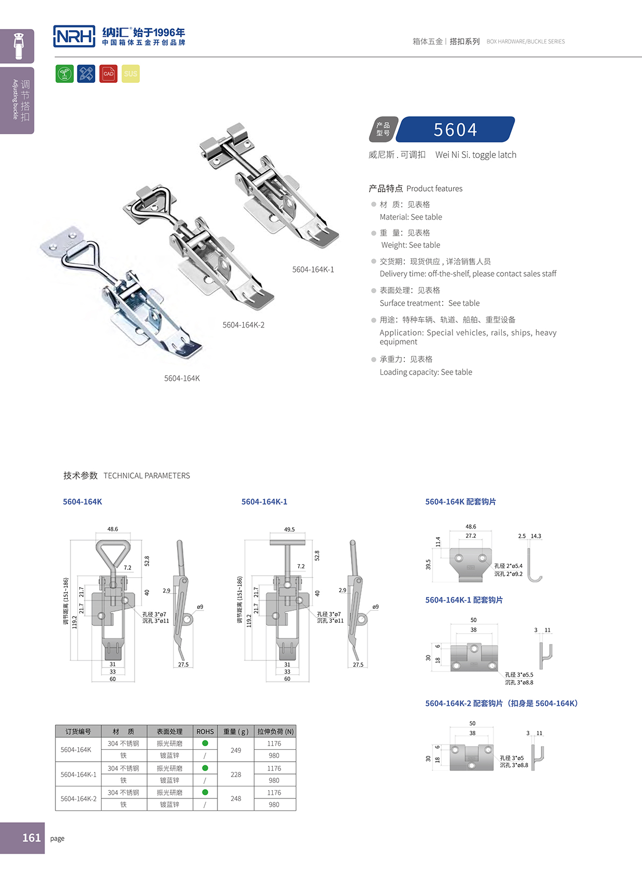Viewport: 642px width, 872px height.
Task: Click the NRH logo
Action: pos(74,36)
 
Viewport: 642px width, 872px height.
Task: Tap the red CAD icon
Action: pos(108,74)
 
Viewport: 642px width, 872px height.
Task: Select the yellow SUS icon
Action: pos(130,74)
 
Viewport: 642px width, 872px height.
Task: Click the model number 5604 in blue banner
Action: pos(455,130)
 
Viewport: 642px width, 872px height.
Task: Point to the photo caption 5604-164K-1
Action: pos(313,269)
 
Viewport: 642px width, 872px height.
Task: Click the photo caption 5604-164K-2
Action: pos(243,325)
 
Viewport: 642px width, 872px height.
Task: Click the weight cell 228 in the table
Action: pos(236,774)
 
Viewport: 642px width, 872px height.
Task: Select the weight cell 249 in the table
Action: pos(236,750)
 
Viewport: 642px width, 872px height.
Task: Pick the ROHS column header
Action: pos(205,732)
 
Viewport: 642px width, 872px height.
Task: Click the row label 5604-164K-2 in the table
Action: pos(78,798)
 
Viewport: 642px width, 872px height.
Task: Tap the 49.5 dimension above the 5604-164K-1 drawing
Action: pos(289,530)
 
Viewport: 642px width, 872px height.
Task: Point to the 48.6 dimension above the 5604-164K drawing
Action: pos(112,529)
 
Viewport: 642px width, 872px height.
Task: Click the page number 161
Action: pos(31,838)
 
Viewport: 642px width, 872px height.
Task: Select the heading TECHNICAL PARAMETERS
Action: pos(147,476)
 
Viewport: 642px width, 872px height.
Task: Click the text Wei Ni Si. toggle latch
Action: pos(475,155)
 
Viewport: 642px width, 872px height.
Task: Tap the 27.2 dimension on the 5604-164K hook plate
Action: pos(470,536)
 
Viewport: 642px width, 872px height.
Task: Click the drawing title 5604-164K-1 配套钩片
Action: pos(463,600)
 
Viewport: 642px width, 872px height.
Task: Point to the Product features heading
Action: pos(416,189)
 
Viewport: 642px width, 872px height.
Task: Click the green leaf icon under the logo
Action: pos(65,74)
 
